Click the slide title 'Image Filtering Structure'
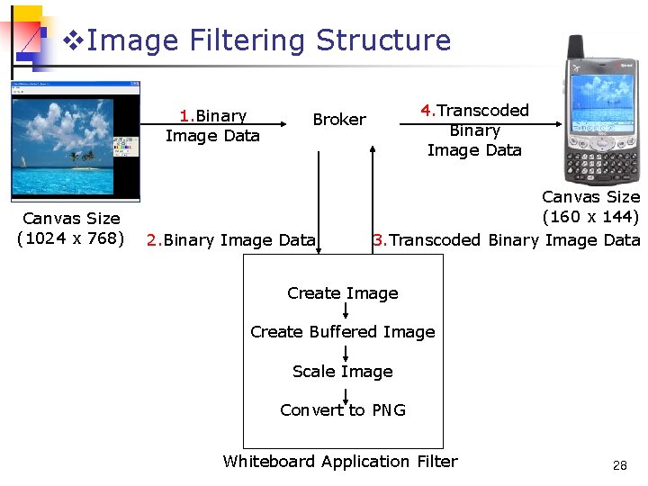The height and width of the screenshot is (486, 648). pyautogui.click(x=269, y=40)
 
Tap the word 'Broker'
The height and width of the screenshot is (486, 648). pyautogui.click(x=339, y=120)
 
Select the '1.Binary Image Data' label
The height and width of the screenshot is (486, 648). pyautogui.click(x=212, y=126)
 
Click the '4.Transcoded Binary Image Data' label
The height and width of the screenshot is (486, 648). pyautogui.click(x=474, y=130)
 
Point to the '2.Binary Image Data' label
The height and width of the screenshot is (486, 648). pyautogui.click(x=231, y=240)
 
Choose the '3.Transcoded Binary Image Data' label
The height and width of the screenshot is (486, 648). pyautogui.click(x=506, y=240)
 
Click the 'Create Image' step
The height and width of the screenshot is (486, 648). pyautogui.click(x=342, y=293)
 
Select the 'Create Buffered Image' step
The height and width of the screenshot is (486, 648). pyautogui.click(x=342, y=332)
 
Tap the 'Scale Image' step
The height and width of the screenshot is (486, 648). pyautogui.click(x=342, y=372)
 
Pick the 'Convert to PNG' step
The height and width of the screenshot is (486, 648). pyautogui.click(x=342, y=410)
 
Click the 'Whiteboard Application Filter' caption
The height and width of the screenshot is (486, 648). pyautogui.click(x=340, y=462)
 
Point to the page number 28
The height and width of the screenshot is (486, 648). pyautogui.click(x=619, y=465)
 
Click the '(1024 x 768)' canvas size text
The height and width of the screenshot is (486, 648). pyautogui.click(x=71, y=238)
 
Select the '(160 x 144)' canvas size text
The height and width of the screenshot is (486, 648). pyautogui.click(x=590, y=217)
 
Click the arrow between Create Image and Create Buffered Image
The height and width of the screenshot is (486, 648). pyautogui.click(x=343, y=312)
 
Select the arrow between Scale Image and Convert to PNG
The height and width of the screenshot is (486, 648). pyautogui.click(x=343, y=391)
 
